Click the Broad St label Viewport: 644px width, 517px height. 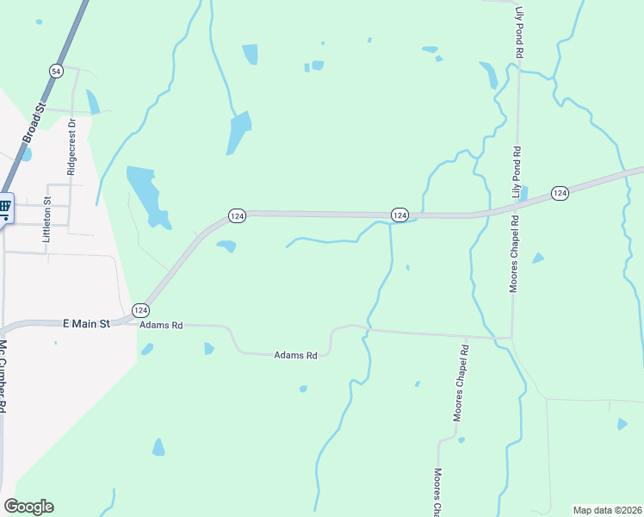(x=34, y=121)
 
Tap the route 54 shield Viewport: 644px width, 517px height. (x=57, y=72)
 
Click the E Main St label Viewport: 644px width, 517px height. (x=87, y=324)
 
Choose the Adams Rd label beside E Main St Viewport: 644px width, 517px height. (x=162, y=326)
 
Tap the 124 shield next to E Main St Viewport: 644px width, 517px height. (x=140, y=309)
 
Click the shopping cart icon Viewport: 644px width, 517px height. (x=4, y=207)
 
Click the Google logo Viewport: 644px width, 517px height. (x=28, y=507)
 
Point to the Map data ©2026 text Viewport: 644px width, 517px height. (x=608, y=509)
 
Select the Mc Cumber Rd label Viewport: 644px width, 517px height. (x=3, y=377)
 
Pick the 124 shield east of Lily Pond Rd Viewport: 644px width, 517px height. (x=560, y=193)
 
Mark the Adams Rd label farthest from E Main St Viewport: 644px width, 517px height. (x=296, y=354)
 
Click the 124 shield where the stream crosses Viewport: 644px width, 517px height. (x=399, y=214)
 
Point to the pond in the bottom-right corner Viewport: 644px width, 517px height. (x=622, y=424)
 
